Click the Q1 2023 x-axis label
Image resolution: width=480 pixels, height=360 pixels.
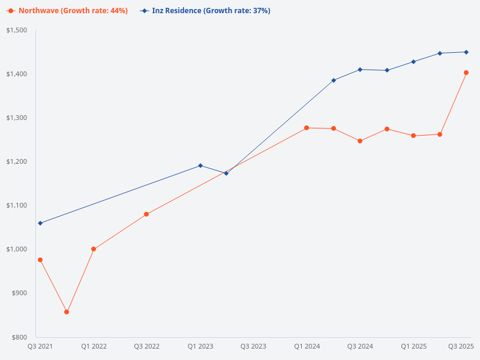click(200, 346)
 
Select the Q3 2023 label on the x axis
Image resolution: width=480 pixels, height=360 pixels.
click(253, 346)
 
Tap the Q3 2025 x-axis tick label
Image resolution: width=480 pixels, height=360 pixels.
click(461, 346)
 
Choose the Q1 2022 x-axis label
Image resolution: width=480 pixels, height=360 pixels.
click(94, 346)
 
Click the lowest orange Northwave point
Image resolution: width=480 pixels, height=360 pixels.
click(67, 312)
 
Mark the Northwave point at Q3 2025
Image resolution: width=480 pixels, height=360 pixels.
click(466, 73)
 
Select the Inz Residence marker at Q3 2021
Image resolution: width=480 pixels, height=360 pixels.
click(40, 223)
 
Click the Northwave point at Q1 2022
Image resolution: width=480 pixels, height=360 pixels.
click(94, 249)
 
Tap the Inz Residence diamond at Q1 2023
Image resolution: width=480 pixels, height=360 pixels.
click(200, 166)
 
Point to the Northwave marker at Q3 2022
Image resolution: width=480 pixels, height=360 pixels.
click(146, 214)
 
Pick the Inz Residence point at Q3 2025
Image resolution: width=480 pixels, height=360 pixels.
click(466, 52)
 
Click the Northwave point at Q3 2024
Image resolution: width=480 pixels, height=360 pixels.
click(360, 141)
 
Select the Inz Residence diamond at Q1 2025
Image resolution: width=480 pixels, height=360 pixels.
click(413, 62)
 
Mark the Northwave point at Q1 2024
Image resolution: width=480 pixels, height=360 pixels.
click(307, 128)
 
